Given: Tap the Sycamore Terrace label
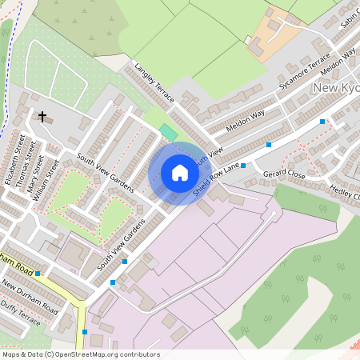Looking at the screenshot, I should point(305,71).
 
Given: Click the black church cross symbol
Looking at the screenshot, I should point(42,117).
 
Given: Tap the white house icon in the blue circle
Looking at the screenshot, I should point(179,173).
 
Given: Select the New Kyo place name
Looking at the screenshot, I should point(336,87).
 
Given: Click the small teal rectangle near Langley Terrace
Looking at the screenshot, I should point(167,130).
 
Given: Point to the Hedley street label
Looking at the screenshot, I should point(345,192).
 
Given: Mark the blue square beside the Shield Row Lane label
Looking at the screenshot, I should point(243,166).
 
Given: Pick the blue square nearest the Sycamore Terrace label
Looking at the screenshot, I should point(322,122).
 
